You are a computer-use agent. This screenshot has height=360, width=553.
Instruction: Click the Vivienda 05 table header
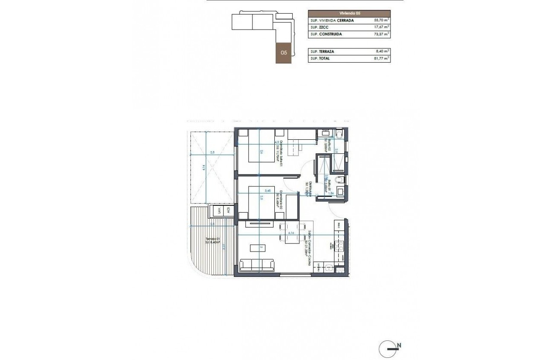[349, 14]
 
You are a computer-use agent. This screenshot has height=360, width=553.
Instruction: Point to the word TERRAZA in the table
[326, 51]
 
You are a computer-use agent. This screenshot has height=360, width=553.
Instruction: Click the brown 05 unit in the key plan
[284, 53]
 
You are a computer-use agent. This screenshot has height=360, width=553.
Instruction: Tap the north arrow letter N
[399, 345]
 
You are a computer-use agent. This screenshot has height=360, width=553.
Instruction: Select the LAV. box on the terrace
[219, 210]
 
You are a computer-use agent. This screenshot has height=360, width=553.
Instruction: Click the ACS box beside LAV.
[228, 210]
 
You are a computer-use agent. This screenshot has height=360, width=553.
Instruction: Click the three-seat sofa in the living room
[257, 265]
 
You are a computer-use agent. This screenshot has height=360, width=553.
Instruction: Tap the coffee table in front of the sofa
[262, 247]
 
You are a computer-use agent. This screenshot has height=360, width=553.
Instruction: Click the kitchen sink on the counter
[328, 269]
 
